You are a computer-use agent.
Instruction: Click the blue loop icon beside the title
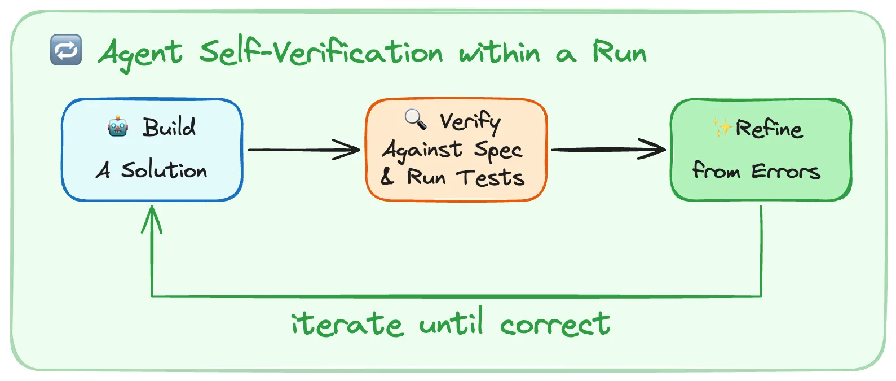click(x=66, y=50)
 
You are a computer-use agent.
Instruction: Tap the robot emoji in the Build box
click(x=118, y=126)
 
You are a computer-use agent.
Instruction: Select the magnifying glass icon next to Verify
click(x=416, y=119)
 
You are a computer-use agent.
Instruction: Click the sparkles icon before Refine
click(x=722, y=128)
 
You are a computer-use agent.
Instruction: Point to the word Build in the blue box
click(x=169, y=127)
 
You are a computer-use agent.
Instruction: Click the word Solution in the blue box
click(x=164, y=170)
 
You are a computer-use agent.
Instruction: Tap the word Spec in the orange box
click(x=498, y=151)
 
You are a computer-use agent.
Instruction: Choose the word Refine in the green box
click(x=769, y=129)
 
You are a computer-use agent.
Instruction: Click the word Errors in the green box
click(x=785, y=170)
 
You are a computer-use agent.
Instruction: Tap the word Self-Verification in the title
click(x=321, y=52)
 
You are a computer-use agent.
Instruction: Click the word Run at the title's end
click(x=619, y=52)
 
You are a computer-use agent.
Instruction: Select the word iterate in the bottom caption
click(x=346, y=324)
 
